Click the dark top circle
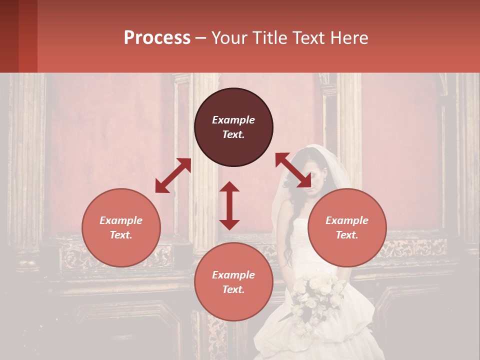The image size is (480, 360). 233,127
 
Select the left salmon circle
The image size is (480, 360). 121,227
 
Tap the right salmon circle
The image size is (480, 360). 347,227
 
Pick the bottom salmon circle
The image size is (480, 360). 233,281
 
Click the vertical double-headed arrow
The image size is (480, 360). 229,205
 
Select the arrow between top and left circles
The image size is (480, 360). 173,175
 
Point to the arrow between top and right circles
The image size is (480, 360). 293,170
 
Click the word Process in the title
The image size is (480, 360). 157,37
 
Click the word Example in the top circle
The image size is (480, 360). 233,120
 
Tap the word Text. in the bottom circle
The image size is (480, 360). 233,289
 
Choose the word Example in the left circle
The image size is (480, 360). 121,220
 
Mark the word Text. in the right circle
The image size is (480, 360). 347,235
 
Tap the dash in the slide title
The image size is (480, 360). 200,38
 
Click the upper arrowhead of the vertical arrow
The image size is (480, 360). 229,186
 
